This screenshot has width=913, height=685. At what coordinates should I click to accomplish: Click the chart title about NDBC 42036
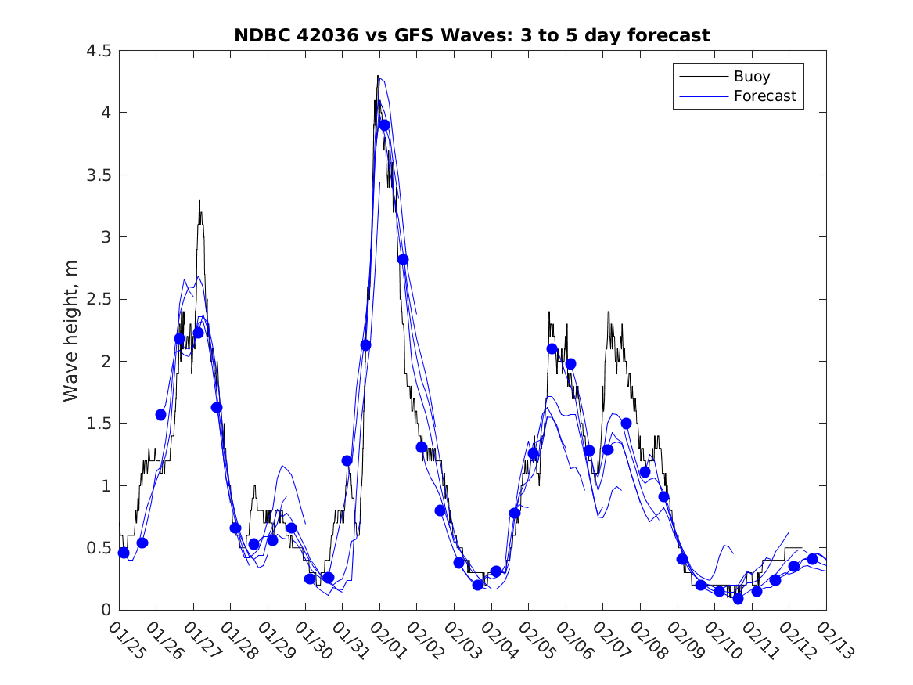(472, 35)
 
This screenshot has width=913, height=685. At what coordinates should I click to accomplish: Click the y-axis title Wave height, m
(71, 330)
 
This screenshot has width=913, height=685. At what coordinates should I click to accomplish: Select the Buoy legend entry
(751, 77)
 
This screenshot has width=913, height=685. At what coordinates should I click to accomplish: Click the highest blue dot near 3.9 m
(384, 125)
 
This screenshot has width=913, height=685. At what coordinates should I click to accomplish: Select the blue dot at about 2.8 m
(403, 259)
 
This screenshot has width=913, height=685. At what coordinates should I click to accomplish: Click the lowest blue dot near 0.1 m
(738, 599)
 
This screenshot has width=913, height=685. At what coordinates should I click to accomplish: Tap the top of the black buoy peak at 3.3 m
(199, 201)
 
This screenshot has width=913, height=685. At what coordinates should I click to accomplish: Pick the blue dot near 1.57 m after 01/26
(160, 415)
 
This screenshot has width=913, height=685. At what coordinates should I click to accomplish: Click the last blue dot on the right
(812, 559)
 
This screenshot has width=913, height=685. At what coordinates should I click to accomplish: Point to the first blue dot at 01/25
(124, 553)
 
